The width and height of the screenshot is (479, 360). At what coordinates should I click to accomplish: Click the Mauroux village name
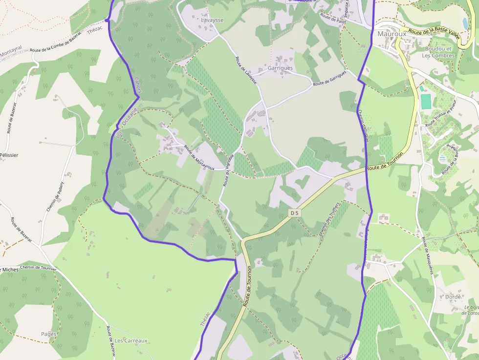(392, 34)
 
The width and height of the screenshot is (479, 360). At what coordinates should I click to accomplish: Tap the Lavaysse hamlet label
(212, 21)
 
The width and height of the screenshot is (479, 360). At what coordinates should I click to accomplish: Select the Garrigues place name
(280, 68)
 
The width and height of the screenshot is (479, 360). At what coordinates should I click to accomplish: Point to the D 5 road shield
(294, 213)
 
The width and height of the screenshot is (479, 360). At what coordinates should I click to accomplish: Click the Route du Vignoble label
(228, 170)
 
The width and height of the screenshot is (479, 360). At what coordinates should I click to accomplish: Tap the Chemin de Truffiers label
(328, 219)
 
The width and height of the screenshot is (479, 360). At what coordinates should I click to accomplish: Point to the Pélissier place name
(9, 155)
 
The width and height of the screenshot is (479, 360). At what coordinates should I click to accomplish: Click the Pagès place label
(49, 334)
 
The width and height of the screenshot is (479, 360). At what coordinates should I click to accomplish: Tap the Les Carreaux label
(131, 340)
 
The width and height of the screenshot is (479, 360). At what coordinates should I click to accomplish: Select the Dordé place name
(453, 296)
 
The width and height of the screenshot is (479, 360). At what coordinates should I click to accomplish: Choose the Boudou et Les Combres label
(439, 52)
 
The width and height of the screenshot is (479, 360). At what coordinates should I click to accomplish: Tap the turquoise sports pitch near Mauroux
(426, 102)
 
